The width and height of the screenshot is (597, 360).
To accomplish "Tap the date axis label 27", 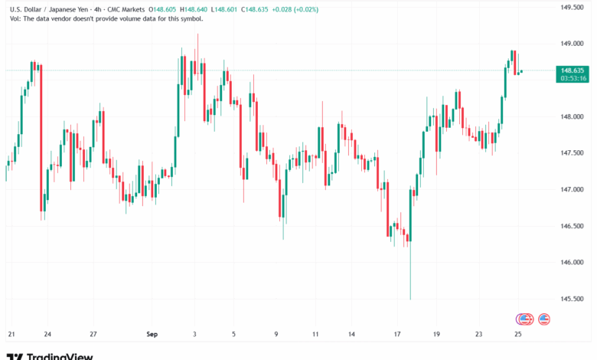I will (x=93, y=335).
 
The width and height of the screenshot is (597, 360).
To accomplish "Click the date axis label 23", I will (x=478, y=335).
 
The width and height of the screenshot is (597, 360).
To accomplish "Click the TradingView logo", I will (x=49, y=355).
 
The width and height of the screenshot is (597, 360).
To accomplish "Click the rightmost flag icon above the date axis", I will (x=544, y=319).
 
